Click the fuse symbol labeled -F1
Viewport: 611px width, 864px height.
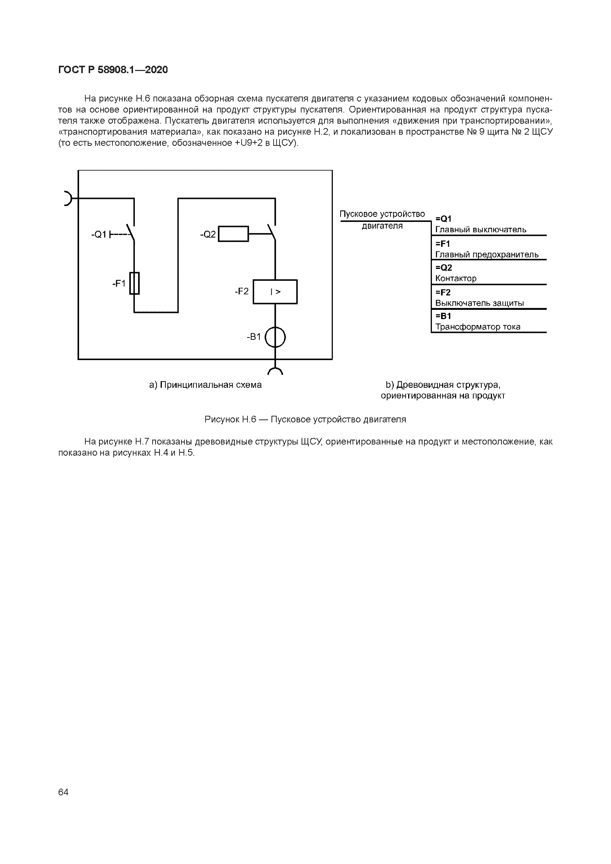(135, 283)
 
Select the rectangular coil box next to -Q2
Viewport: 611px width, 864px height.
(233, 234)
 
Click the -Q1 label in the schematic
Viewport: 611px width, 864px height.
(99, 235)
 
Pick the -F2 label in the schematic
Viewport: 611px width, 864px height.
(242, 291)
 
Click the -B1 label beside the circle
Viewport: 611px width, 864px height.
(254, 337)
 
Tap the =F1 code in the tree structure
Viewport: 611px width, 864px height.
(443, 244)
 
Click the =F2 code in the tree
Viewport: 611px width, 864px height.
(443, 292)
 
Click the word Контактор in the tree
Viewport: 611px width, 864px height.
(456, 279)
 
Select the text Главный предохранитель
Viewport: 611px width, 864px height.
(487, 255)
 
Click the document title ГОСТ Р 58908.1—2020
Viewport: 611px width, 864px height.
(113, 70)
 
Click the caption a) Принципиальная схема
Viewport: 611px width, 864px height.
(205, 385)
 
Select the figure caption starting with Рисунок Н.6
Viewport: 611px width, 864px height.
(305, 419)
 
